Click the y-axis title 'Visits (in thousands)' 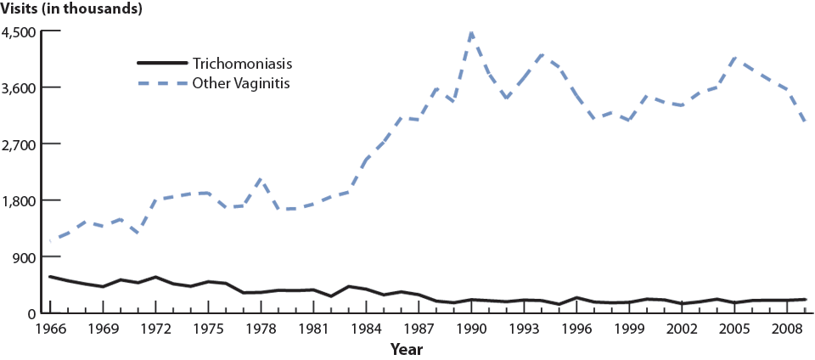(x=71, y=9)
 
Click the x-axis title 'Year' (x=407, y=349)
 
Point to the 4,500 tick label (x=20, y=31)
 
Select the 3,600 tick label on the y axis (x=20, y=87)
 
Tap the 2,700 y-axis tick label (x=20, y=144)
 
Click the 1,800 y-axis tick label (x=20, y=200)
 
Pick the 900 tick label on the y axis (x=25, y=256)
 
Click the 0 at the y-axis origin (x=33, y=313)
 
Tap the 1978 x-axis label (x=261, y=328)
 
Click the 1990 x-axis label (x=471, y=328)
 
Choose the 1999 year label (x=629, y=328)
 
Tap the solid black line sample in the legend (x=161, y=64)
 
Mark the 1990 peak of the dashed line (x=471, y=33)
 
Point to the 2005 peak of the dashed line (x=734, y=59)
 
